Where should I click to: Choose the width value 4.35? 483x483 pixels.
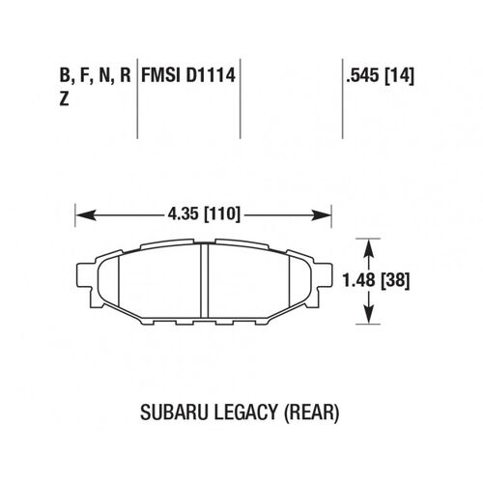[180, 212]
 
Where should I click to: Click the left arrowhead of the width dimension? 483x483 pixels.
[81, 212]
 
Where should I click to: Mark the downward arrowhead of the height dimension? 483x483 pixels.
[368, 318]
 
